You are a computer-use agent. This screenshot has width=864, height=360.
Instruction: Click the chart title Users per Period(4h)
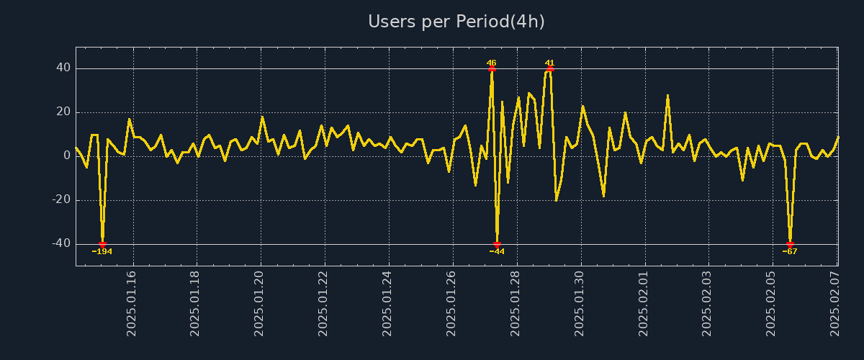[x=456, y=22]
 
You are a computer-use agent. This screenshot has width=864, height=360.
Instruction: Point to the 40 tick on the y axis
[x=63, y=68]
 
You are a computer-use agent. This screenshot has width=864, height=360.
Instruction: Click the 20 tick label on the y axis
[x=63, y=112]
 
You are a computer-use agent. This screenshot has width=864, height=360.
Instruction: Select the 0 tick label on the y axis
[x=67, y=156]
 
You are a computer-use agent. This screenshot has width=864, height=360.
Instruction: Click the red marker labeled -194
[x=102, y=244]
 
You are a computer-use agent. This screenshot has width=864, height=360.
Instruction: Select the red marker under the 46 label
[x=492, y=68]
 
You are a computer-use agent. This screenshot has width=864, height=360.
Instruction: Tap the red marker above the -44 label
[x=497, y=244]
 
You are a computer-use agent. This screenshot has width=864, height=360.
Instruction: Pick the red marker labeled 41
[x=550, y=68]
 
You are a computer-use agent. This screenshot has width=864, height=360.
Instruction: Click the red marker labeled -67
[x=790, y=244]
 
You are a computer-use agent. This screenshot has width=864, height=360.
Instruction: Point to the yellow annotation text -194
[x=102, y=252]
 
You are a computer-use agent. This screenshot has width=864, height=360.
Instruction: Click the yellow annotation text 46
[x=492, y=63]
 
